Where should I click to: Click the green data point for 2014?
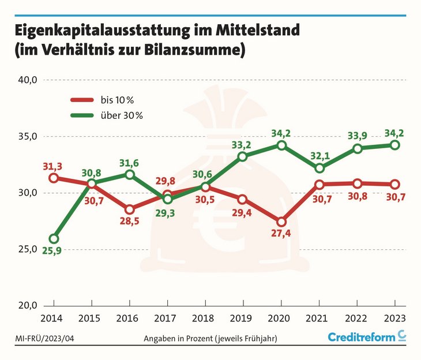[54, 239]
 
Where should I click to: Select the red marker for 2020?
[281, 222]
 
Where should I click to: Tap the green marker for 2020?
[281, 145]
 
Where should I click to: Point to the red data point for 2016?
[130, 209]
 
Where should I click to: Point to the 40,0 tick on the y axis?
[28, 80]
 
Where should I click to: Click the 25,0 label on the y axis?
[28, 249]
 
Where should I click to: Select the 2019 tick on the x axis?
[242, 318]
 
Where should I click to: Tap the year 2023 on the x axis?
[394, 318]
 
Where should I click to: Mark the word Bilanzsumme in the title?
[194, 50]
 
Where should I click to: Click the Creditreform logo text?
[361, 337]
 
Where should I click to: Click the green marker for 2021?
[319, 168]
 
